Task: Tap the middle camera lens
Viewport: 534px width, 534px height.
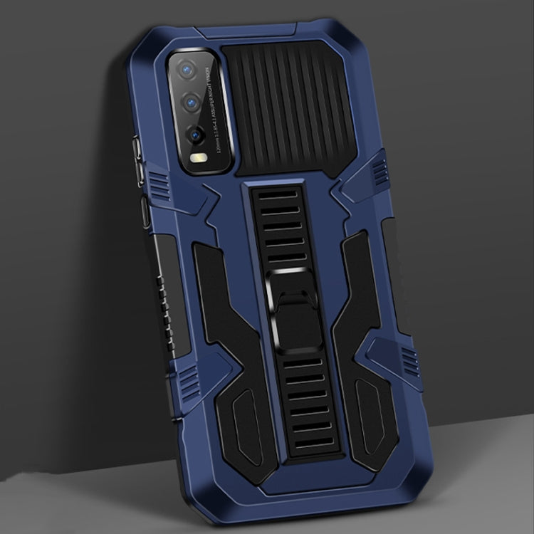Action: [190, 103]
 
